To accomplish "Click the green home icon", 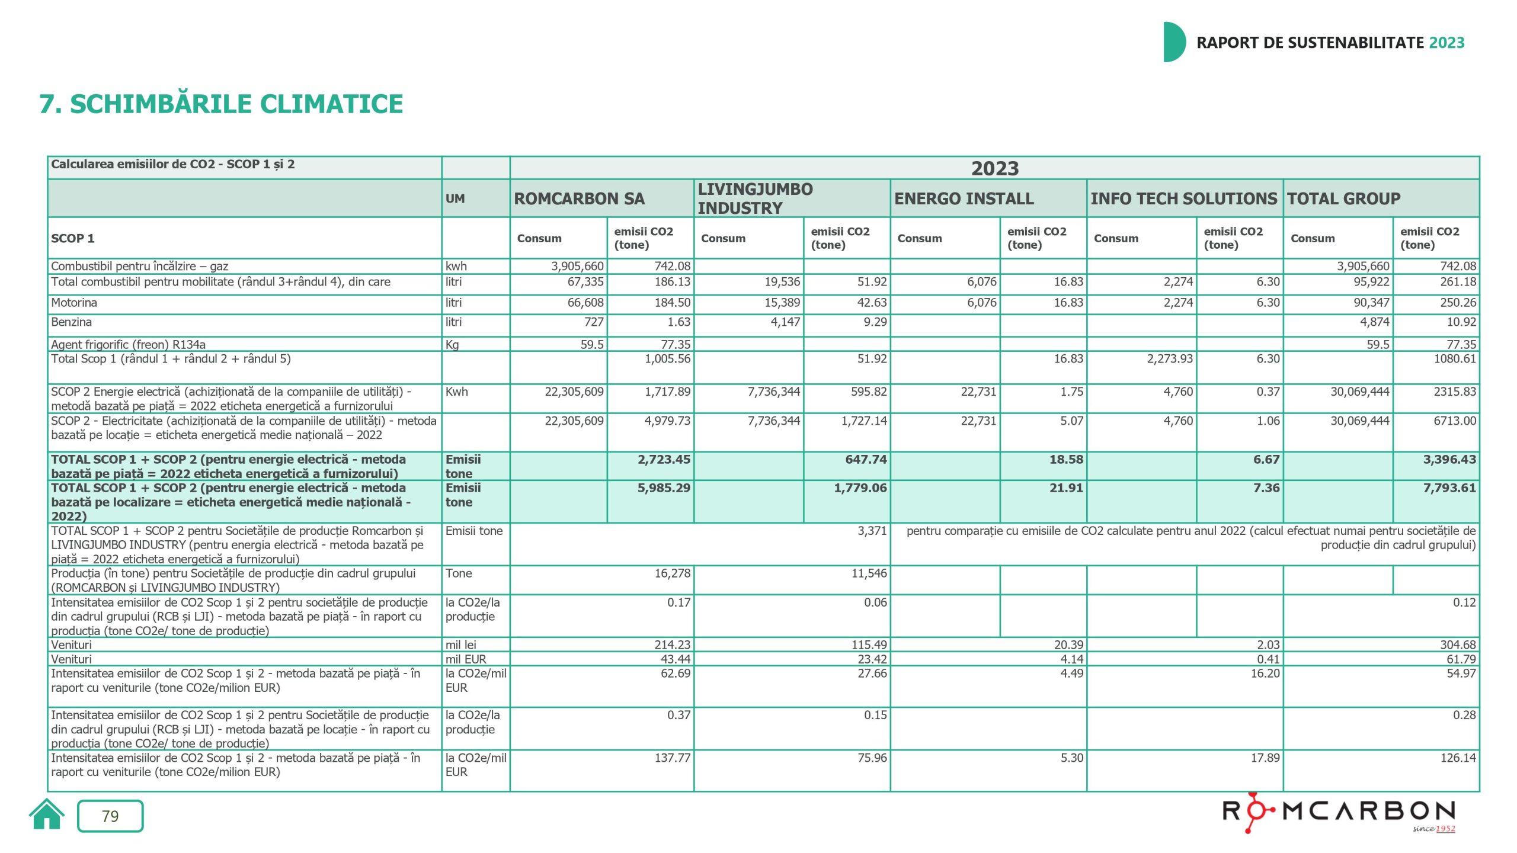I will [46, 815].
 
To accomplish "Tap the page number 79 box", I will [110, 816].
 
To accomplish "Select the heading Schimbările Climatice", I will [221, 104].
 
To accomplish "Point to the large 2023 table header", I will [994, 169].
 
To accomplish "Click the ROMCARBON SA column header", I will [579, 199].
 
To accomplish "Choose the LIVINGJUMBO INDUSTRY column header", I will [755, 198].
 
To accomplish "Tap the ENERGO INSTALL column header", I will [964, 199].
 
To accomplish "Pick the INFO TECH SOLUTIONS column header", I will [1183, 199].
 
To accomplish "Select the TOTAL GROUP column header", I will [1343, 199].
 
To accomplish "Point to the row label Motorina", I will [74, 303].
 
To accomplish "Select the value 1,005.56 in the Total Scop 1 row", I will [667, 359].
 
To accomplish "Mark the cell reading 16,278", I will [672, 573].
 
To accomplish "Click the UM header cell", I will [455, 199].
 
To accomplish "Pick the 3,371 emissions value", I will [872, 531].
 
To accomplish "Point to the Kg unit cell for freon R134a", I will [452, 344].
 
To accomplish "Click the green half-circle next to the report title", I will [1173, 42].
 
